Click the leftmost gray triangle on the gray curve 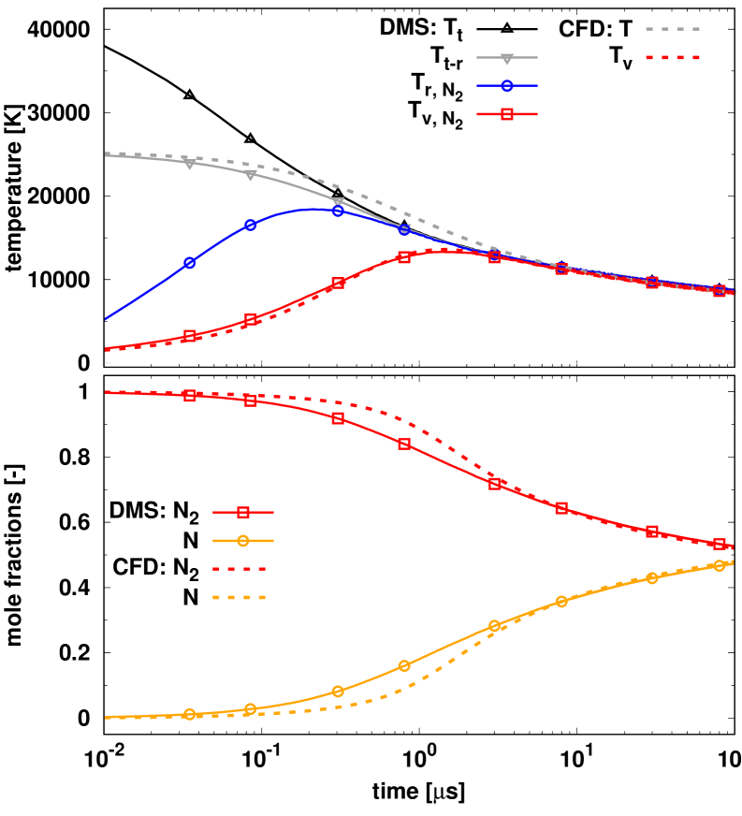pos(190,163)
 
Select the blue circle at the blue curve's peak pos(338,211)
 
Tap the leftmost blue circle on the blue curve pos(190,263)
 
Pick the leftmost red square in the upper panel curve pos(190,336)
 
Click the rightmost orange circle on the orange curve pos(720,565)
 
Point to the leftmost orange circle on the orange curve pos(190,714)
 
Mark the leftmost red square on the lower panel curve pos(190,395)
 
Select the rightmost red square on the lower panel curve pos(720,544)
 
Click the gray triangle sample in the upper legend pos(507,58)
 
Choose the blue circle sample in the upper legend pos(507,86)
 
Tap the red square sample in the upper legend pos(507,114)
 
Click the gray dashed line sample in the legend pos(673,29)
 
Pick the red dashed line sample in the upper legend pos(673,57)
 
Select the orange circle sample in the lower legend pos(243,541)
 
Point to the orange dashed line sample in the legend pos(240,597)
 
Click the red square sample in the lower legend pos(243,512)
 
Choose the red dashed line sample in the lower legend pos(240,569)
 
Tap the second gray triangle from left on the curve pos(251,175)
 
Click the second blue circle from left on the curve pos(251,225)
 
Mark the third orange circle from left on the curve pos(338,692)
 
